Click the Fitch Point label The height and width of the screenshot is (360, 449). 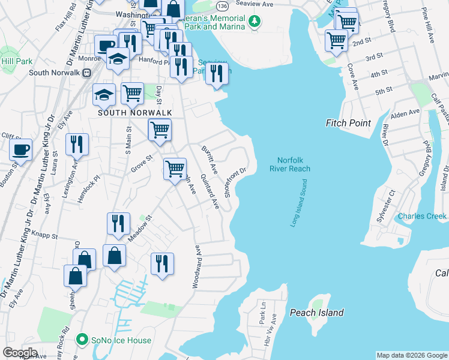[x=351, y=123]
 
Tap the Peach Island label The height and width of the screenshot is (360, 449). [x=316, y=313]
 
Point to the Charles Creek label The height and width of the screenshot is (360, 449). [x=423, y=216]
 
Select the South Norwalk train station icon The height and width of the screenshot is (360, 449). [x=86, y=73]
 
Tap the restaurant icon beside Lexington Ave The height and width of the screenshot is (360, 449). [x=77, y=144]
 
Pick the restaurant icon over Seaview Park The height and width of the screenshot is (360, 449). [x=217, y=74]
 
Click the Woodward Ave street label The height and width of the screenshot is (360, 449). [x=196, y=267]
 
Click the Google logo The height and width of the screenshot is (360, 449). [x=20, y=352]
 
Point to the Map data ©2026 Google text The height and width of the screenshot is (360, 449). [x=411, y=355]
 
